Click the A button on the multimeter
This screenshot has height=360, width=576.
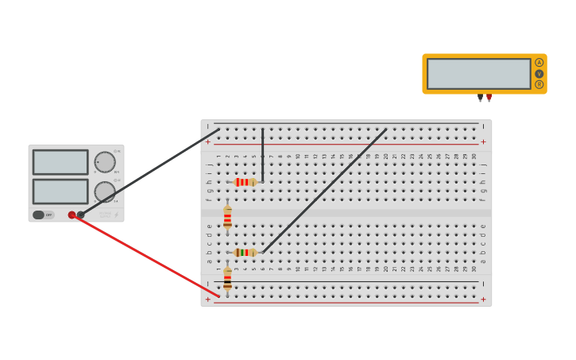click(539, 63)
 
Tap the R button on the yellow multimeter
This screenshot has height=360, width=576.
click(539, 84)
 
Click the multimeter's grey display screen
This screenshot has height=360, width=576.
click(478, 74)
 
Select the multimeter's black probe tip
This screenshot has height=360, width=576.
click(480, 99)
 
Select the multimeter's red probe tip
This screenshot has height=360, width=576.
click(489, 99)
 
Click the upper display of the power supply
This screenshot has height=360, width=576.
click(60, 162)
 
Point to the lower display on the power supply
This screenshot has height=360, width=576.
click(60, 192)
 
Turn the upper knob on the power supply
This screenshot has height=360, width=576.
click(105, 162)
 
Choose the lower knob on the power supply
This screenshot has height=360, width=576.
click(105, 192)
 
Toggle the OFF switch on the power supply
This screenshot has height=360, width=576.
click(43, 215)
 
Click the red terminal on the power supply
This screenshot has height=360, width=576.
click(72, 215)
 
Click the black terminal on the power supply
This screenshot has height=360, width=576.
click(81, 215)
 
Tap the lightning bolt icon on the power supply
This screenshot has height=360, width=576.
click(116, 215)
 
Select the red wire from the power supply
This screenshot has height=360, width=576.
click(147, 256)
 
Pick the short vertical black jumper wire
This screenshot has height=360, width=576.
click(263, 155)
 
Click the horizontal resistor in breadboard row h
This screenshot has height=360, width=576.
click(245, 182)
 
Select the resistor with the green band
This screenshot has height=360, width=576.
click(245, 253)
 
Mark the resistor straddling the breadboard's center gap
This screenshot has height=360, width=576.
click(227, 216)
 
